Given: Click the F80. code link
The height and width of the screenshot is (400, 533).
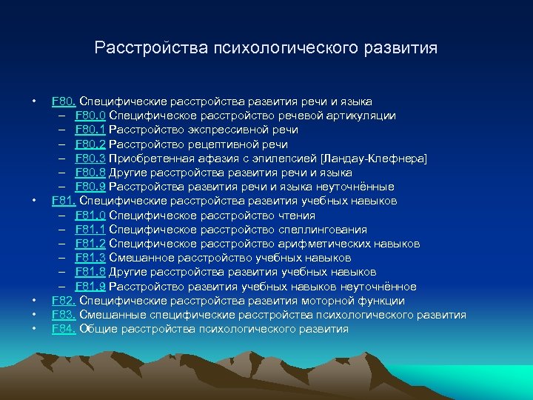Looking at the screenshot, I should (x=64, y=101).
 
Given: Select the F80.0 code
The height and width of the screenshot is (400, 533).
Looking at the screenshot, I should (x=90, y=116).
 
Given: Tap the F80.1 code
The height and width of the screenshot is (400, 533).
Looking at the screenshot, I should (x=90, y=130).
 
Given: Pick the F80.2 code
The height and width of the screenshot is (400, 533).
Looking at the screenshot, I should (x=90, y=144).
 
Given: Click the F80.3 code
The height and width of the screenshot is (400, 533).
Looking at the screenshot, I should (x=90, y=159).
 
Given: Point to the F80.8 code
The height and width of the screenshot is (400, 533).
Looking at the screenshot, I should (x=90, y=173).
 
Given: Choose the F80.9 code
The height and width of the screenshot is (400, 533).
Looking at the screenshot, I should (x=90, y=187).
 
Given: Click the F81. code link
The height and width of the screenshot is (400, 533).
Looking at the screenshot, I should (x=64, y=201).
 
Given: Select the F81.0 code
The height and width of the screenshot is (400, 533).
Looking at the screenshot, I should (x=90, y=216).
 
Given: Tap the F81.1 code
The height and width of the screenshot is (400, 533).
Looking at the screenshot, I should (x=90, y=230).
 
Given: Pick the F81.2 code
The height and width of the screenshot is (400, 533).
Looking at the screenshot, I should (x=90, y=244).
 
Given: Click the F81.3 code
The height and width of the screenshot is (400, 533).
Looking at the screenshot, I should (x=90, y=258).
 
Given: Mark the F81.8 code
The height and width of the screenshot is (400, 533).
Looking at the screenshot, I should (x=90, y=272).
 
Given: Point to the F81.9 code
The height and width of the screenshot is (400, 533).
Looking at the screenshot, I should (x=90, y=287).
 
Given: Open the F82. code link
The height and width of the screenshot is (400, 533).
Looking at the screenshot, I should (x=64, y=301).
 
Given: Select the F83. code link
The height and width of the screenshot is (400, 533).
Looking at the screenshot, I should (x=64, y=315).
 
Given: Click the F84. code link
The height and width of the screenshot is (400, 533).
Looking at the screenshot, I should (x=64, y=329).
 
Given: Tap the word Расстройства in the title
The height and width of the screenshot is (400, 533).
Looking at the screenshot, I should (x=152, y=49).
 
